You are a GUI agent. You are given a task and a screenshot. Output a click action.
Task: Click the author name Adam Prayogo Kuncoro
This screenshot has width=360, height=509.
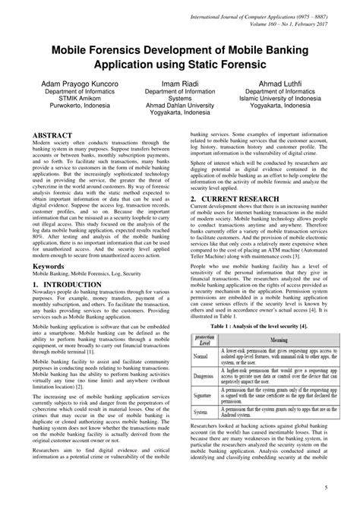tap(81, 81)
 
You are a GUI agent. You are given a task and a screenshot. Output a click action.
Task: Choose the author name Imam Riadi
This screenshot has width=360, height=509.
tap(180, 81)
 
